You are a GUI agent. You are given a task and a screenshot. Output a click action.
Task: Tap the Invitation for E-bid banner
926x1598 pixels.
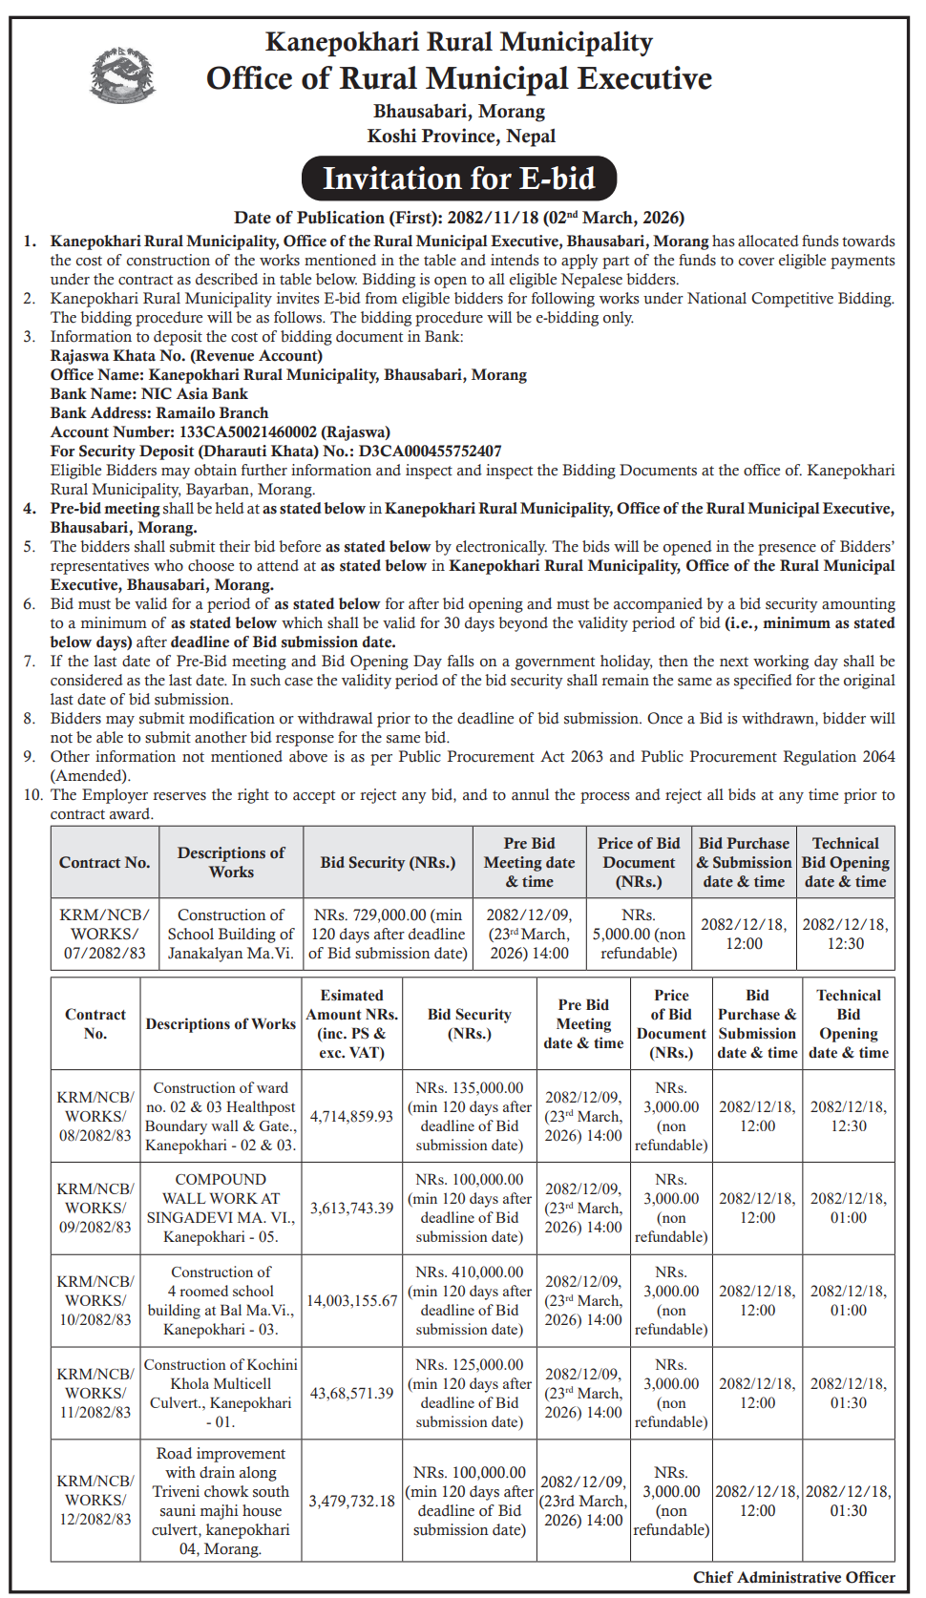click(x=459, y=179)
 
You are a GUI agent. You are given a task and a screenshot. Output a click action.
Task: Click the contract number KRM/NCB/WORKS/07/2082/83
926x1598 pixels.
click(x=105, y=934)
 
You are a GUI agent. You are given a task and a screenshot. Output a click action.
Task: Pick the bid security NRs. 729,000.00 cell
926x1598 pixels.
click(x=388, y=934)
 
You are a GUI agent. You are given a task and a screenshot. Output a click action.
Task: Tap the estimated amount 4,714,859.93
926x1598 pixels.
click(x=351, y=1116)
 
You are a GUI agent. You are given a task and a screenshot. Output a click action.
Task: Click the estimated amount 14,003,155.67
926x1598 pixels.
click(x=351, y=1300)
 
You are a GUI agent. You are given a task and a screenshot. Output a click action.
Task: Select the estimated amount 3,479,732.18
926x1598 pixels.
click(x=351, y=1501)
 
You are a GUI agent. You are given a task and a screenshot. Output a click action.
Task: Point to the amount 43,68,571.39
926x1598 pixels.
click(x=351, y=1393)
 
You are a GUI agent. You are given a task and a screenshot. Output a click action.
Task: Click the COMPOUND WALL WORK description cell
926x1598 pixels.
click(x=221, y=1208)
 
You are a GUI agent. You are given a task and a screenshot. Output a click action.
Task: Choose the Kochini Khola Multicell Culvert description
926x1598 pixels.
click(x=221, y=1393)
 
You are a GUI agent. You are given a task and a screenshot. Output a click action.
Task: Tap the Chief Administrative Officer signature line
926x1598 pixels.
click(x=793, y=1577)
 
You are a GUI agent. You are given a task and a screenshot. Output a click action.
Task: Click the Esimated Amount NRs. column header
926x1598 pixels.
click(x=351, y=1023)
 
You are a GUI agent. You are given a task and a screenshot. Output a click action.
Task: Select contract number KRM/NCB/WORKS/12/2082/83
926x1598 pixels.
click(x=95, y=1500)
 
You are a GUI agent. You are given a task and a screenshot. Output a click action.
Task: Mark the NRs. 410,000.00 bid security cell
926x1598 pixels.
click(x=470, y=1300)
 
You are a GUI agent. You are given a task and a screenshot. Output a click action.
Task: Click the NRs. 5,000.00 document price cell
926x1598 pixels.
click(x=639, y=934)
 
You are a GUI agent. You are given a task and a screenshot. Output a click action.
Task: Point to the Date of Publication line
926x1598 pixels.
click(x=459, y=218)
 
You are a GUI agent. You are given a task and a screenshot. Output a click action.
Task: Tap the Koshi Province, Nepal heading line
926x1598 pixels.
click(x=461, y=136)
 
